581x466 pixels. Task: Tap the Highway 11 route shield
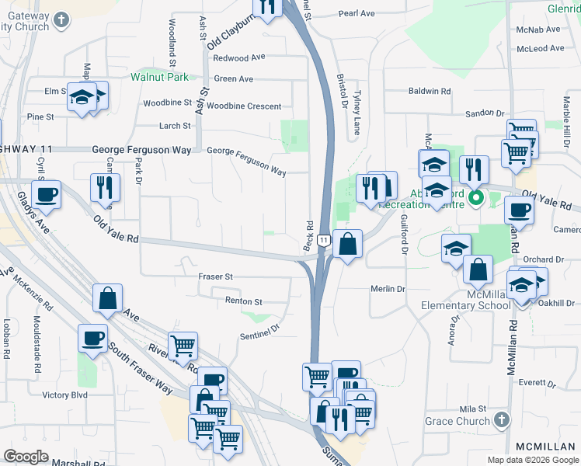tap(323, 242)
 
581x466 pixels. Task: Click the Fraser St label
tap(215, 276)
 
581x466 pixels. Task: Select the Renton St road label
tap(244, 301)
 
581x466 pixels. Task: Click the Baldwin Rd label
tap(430, 92)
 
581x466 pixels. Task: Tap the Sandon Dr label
tap(485, 113)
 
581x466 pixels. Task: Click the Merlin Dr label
tap(389, 289)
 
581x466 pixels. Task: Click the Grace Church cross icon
tap(502, 421)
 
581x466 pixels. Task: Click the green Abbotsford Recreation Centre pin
tap(476, 198)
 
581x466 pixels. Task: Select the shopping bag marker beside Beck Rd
tap(347, 244)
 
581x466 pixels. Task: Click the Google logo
tap(26, 456)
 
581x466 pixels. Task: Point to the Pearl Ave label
tap(357, 14)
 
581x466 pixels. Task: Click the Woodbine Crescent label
tap(244, 106)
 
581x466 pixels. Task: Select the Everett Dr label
tap(540, 382)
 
